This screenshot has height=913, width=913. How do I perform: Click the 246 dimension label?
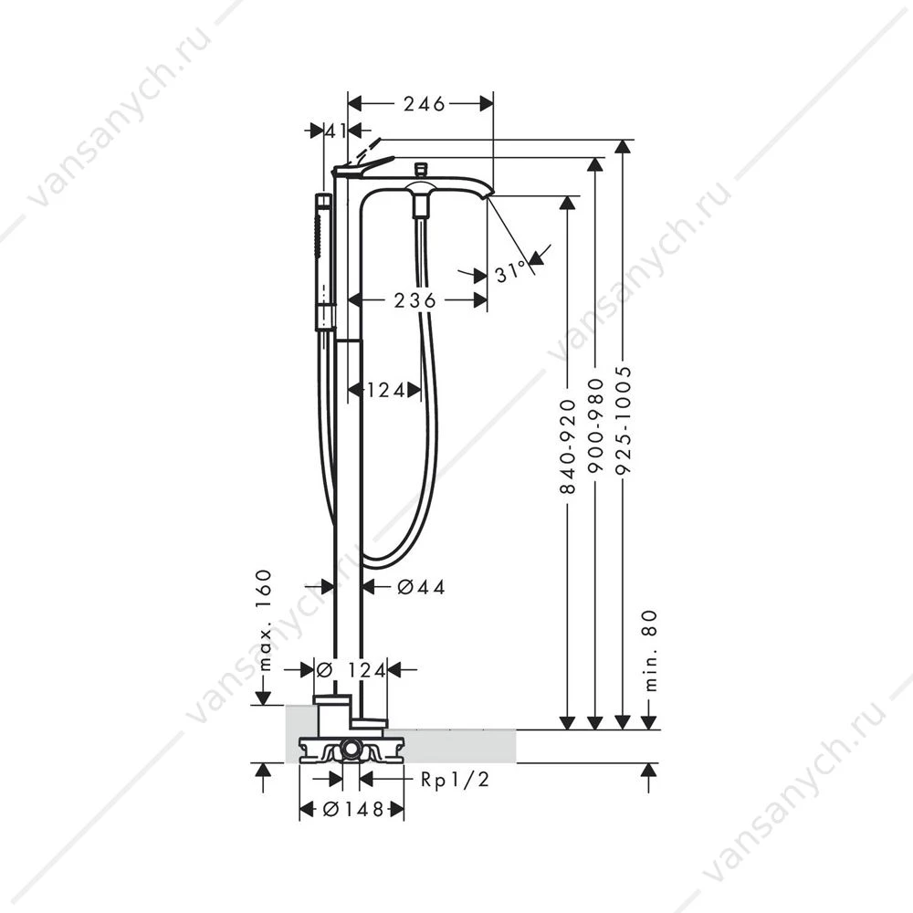(x=425, y=104)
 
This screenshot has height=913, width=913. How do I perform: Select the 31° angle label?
(x=510, y=272)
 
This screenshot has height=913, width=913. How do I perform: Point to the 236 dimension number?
(x=415, y=300)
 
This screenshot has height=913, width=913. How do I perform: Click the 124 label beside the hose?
(x=385, y=390)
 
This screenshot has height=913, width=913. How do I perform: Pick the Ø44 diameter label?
(x=421, y=587)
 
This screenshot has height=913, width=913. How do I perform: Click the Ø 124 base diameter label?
(x=352, y=670)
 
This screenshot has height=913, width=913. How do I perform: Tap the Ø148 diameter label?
(x=353, y=809)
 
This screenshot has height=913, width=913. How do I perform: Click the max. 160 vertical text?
(x=264, y=620)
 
